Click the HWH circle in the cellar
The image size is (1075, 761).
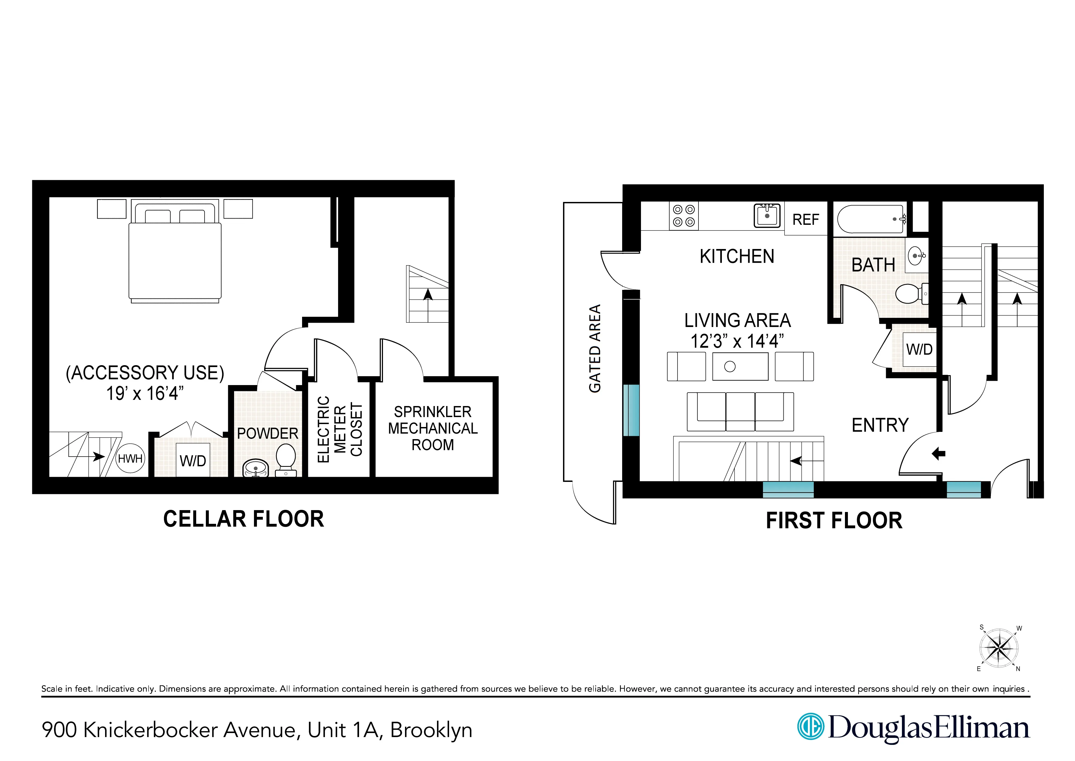tap(130, 458)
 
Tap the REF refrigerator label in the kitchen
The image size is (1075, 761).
tap(805, 219)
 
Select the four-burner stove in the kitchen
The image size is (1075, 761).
tap(684, 216)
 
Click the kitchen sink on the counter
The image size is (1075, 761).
tap(767, 216)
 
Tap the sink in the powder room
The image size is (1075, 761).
tap(256, 468)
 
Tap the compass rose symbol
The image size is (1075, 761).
tap(999, 648)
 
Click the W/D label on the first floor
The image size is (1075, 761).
tap(919, 349)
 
